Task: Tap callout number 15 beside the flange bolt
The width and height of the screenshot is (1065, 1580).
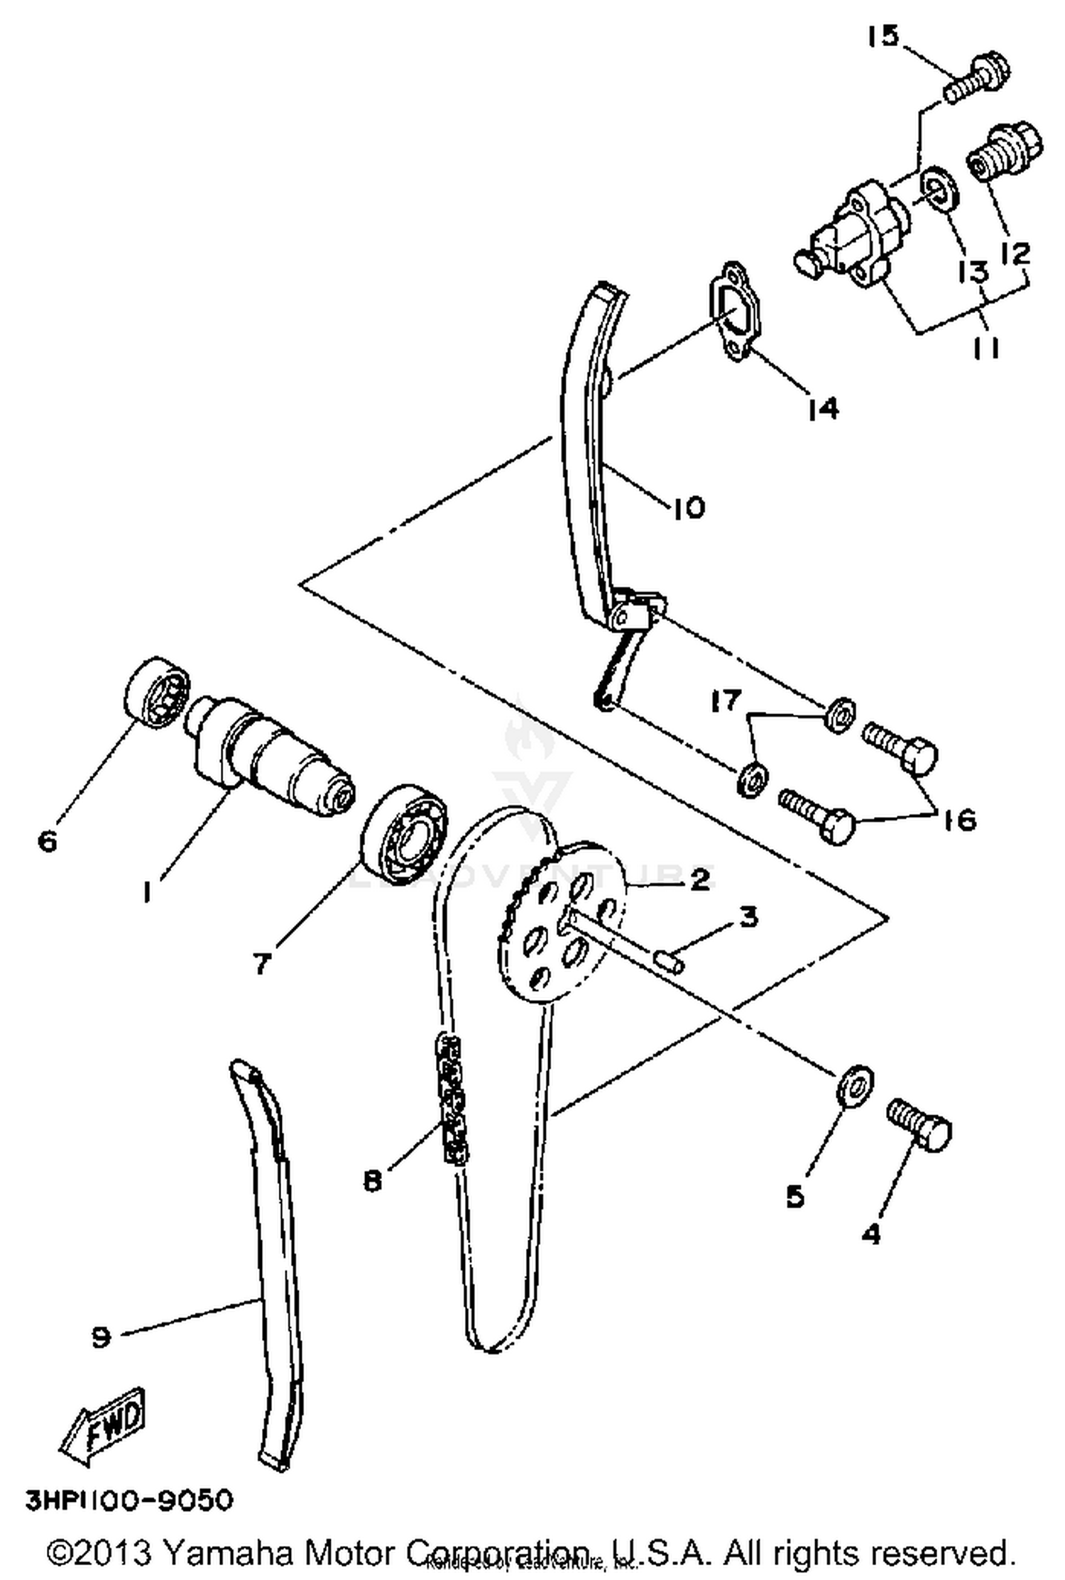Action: (x=883, y=35)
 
